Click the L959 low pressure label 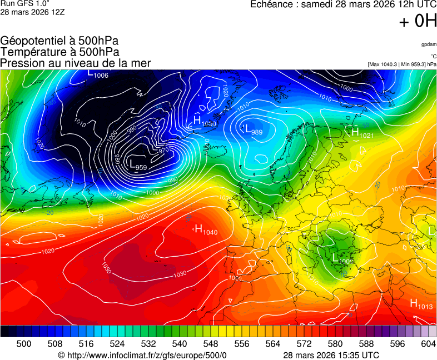(138, 166)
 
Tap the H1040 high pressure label (206, 230)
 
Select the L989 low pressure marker (253, 130)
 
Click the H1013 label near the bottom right (421, 304)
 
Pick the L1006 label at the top (98, 74)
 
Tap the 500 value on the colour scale (23, 344)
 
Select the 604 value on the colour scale (428, 344)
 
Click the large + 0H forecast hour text (418, 22)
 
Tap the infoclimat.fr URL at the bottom (142, 355)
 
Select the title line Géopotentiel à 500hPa (59, 41)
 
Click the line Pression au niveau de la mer (76, 63)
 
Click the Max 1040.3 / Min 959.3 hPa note (402, 64)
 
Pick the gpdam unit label (429, 44)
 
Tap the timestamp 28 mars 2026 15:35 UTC (331, 355)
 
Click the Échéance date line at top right (343, 4)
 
